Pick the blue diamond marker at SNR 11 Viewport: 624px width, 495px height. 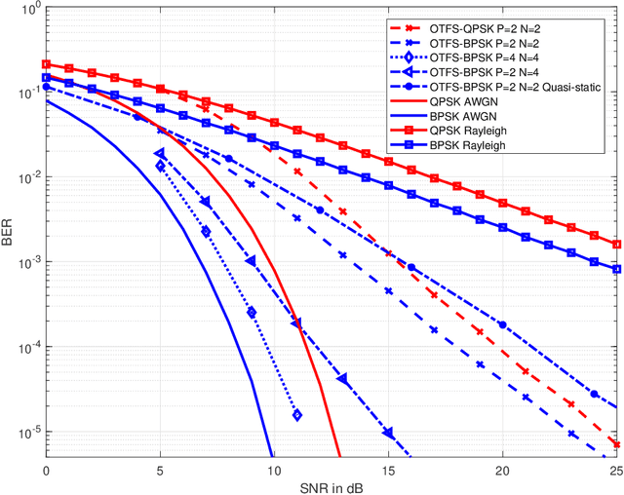point(296,415)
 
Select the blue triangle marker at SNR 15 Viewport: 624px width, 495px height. point(388,433)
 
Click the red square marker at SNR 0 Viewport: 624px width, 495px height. point(46,64)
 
